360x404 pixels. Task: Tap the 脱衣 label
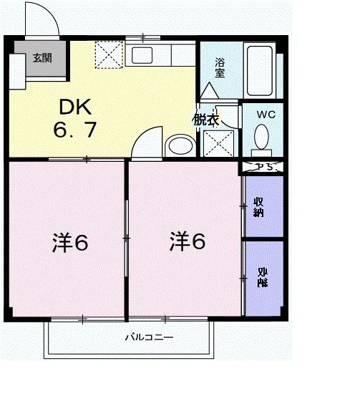tap(205, 120)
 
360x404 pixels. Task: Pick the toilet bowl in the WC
tap(262, 138)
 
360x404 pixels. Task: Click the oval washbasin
tap(177, 148)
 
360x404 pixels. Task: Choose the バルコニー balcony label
tap(150, 336)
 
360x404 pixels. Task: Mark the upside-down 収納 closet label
tap(262, 277)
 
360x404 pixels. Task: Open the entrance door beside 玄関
tap(42, 21)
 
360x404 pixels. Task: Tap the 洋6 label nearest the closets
tap(188, 242)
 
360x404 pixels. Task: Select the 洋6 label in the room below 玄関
tap(69, 244)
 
